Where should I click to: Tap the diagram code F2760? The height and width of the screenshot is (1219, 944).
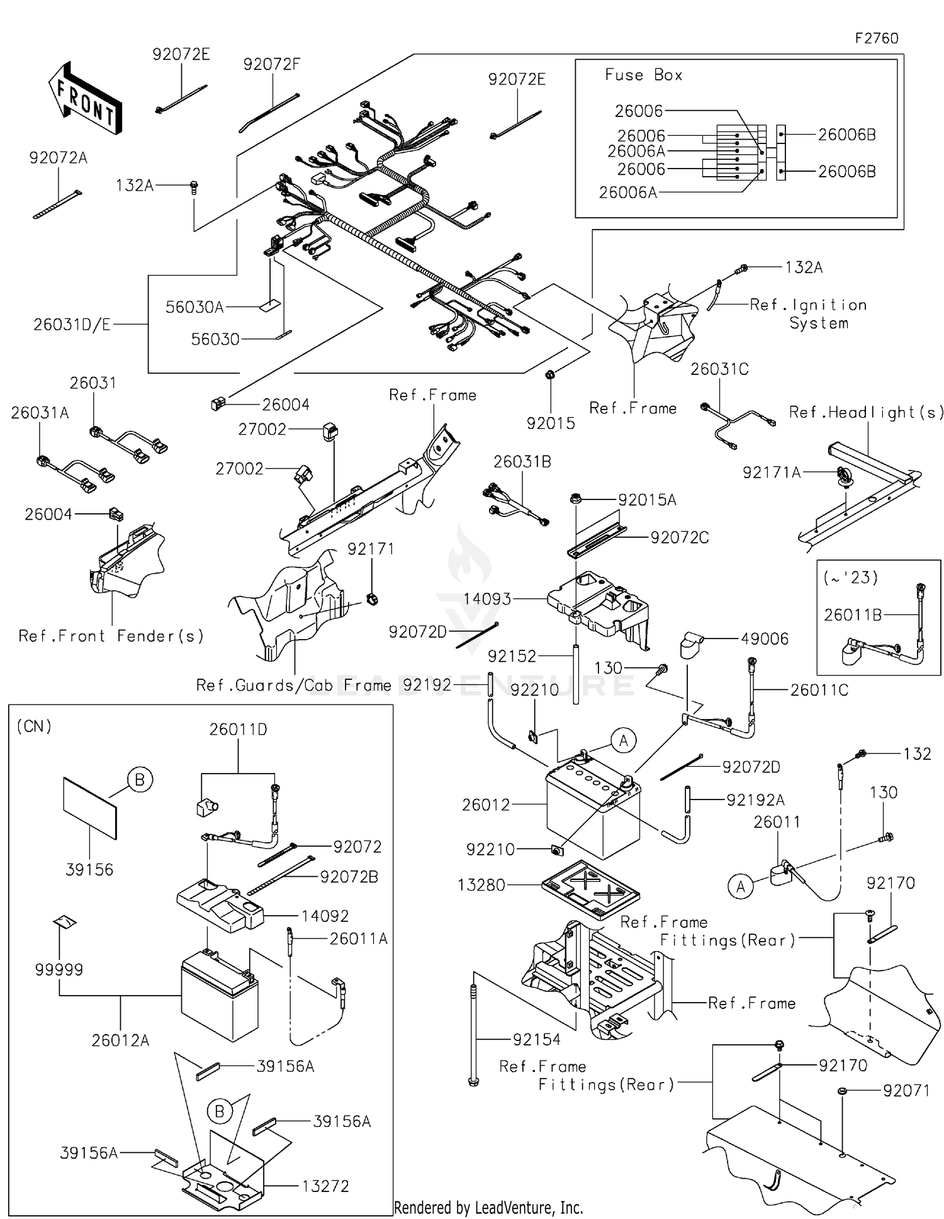(x=876, y=38)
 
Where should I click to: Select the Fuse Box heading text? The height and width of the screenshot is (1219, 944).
(x=643, y=75)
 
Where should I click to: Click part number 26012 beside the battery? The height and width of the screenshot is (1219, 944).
(x=486, y=804)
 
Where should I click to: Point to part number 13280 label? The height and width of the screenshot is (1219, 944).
(x=481, y=885)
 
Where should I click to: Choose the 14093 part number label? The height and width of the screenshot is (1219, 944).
(x=487, y=599)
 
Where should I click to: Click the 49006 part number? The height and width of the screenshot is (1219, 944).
(x=765, y=639)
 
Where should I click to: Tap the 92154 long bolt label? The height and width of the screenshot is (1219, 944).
(x=536, y=1040)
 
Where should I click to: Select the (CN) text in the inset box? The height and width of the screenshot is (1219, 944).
(x=34, y=726)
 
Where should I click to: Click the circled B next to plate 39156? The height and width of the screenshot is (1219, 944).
(x=140, y=780)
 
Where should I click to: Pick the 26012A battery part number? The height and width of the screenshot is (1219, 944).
(x=120, y=1040)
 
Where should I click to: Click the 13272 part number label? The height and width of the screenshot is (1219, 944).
(x=325, y=1186)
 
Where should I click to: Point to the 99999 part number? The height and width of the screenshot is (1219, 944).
(x=59, y=969)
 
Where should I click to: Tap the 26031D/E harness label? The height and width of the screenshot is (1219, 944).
(x=72, y=325)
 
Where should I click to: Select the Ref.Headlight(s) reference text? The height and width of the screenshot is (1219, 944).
(x=867, y=412)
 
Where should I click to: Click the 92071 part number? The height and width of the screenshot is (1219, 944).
(x=906, y=1091)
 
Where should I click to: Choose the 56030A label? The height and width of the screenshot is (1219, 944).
(x=194, y=307)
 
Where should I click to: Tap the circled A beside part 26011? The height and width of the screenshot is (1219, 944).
(x=740, y=887)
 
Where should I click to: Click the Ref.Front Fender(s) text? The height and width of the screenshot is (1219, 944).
(x=111, y=636)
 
